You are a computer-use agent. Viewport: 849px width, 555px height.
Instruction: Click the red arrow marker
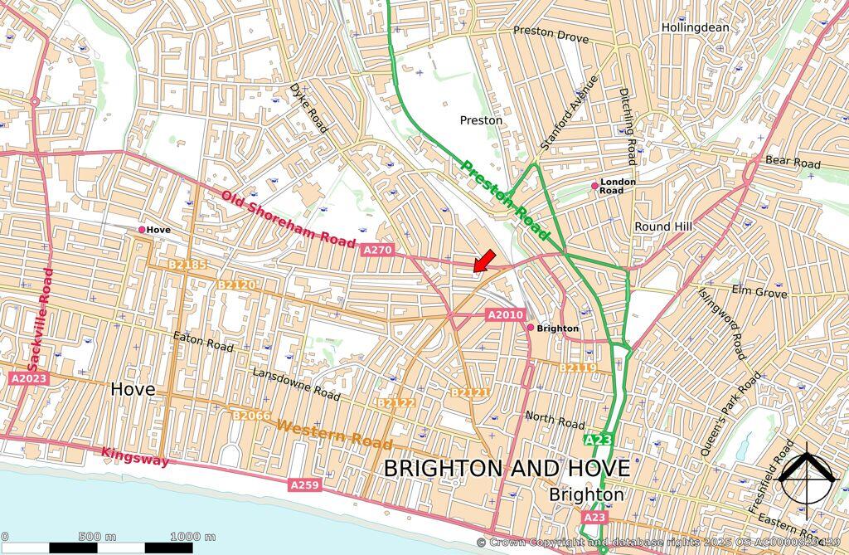tap(484, 260)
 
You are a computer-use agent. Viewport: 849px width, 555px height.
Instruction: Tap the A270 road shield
tap(376, 249)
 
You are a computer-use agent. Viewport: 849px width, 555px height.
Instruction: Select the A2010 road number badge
tap(505, 314)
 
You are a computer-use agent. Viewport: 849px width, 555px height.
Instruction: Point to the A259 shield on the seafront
tap(304, 484)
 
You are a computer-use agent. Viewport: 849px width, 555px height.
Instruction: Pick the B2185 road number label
tap(187, 265)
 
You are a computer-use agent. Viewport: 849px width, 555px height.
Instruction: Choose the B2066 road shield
tap(251, 416)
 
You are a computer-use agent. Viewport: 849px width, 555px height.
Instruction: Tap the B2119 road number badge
tap(577, 368)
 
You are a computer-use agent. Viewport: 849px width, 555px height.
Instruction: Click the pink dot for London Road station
tap(594, 186)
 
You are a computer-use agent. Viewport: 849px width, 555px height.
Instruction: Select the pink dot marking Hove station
tap(142, 230)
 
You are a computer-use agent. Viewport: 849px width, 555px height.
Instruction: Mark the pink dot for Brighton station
tap(531, 328)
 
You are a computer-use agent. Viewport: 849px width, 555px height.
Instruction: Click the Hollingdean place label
tap(695, 27)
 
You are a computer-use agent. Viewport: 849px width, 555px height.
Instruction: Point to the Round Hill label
tap(663, 226)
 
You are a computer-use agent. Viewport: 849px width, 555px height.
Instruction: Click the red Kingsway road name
tap(135, 456)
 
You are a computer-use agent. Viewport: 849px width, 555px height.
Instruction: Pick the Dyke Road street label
tap(308, 107)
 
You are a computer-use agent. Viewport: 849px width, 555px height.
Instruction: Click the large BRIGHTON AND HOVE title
tap(507, 469)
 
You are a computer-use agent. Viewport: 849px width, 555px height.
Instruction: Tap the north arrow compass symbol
tap(809, 480)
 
